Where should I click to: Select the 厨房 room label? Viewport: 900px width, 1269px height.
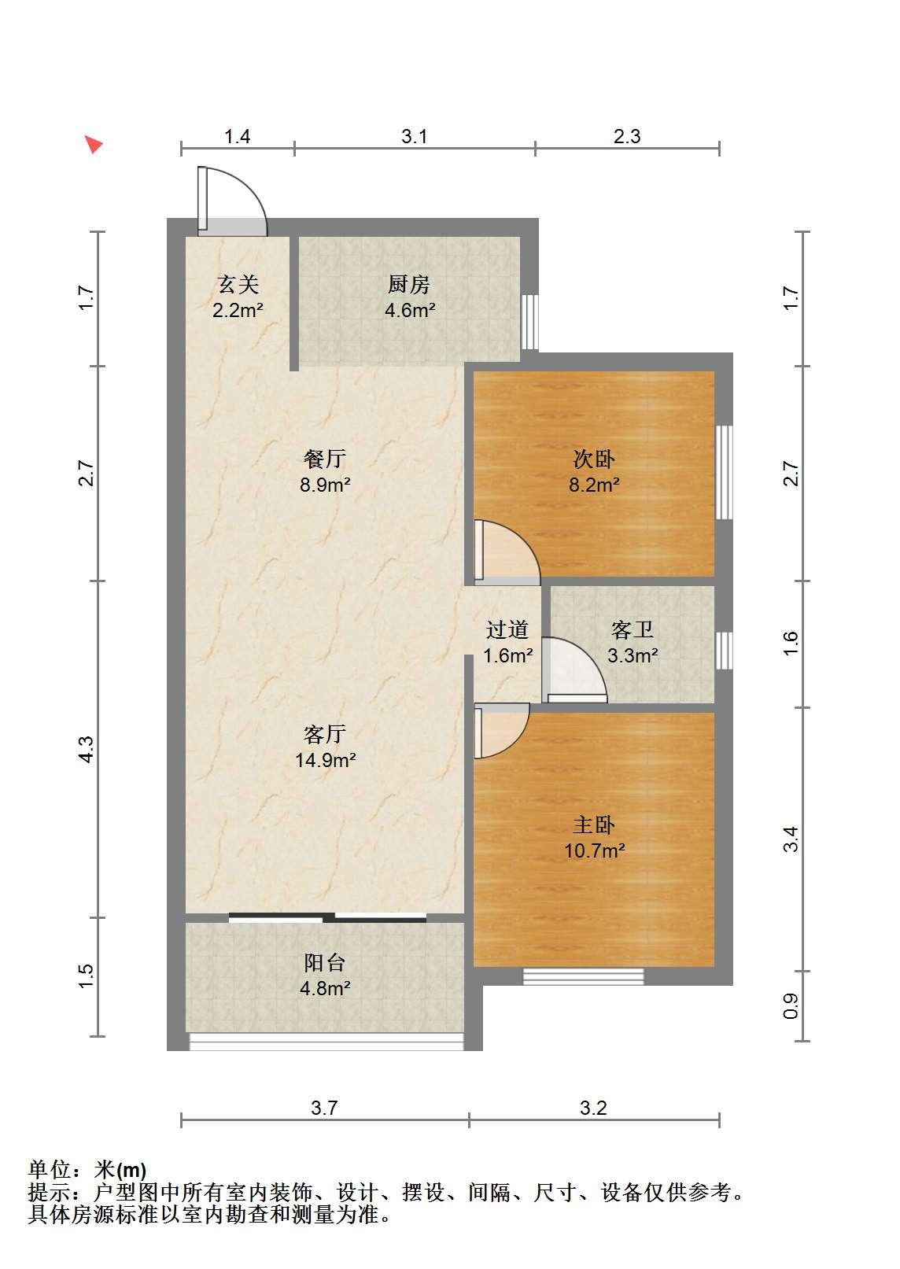tap(409, 284)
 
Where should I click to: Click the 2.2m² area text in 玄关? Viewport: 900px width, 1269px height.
tap(238, 311)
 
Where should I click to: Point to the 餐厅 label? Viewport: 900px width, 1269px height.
tap(325, 459)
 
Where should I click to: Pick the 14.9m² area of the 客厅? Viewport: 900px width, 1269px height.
tap(325, 760)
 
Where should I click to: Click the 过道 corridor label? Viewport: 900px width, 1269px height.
tap(507, 630)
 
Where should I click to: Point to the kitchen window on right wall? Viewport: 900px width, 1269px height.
tap(530, 322)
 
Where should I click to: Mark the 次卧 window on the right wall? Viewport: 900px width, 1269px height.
tap(724, 473)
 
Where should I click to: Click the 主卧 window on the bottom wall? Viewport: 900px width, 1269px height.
tap(584, 976)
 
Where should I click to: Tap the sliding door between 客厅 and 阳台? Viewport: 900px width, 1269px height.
tap(327, 917)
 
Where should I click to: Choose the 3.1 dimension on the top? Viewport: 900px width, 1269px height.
tap(414, 137)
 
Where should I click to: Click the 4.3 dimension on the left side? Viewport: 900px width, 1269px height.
tap(86, 749)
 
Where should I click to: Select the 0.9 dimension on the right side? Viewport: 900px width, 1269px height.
tap(791, 1006)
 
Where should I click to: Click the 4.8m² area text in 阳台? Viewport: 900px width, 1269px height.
tap(325, 989)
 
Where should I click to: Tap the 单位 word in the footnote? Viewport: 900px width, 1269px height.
tap(50, 1171)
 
